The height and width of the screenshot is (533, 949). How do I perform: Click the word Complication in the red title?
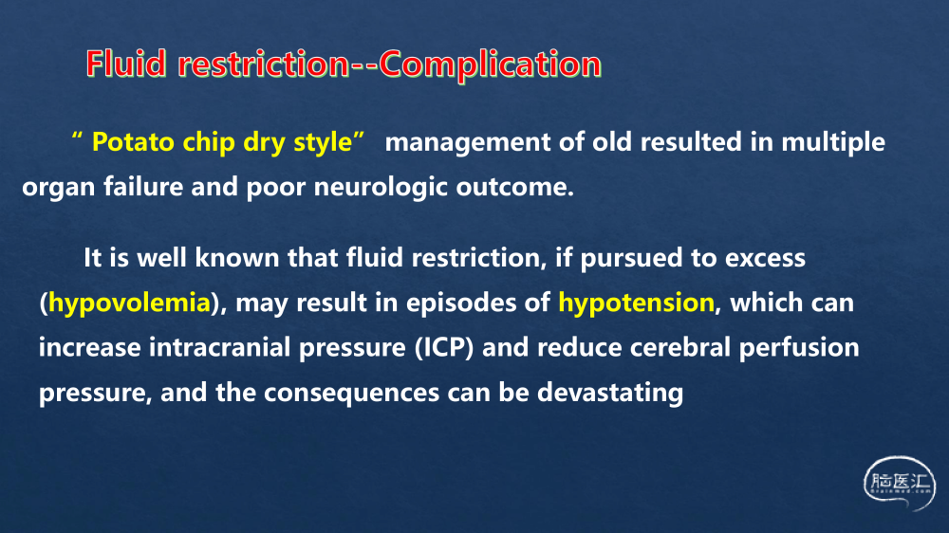491,64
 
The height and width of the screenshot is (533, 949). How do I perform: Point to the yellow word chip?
209,143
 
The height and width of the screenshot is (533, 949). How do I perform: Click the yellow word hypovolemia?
129,303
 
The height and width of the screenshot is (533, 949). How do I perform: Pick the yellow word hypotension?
636,303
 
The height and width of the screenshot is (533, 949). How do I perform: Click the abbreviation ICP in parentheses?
444,348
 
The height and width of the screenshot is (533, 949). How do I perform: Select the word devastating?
610,394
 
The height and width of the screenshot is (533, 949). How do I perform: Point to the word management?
468,143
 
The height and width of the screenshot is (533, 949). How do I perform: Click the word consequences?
351,394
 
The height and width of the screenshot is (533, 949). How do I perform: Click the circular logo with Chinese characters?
900,483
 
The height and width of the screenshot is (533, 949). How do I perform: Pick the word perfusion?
799,349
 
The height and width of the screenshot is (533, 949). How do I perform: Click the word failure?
143,187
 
